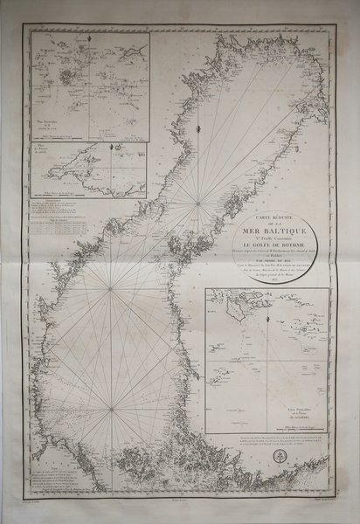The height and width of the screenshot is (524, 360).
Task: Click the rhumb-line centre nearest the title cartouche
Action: click(200, 204)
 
